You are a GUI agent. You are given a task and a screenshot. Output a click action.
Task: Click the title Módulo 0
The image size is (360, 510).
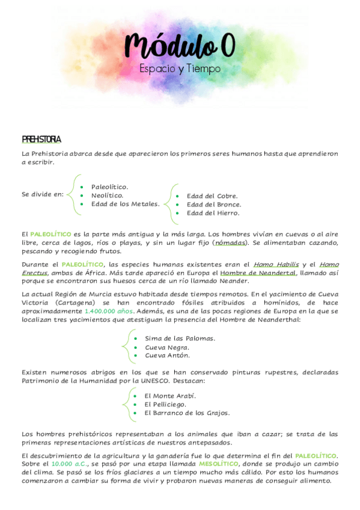180,46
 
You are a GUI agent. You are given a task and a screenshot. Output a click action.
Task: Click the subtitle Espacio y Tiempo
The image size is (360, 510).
180,69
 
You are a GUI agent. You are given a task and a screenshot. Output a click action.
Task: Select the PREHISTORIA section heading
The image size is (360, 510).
41,140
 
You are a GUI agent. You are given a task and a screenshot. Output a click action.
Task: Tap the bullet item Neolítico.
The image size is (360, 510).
107,195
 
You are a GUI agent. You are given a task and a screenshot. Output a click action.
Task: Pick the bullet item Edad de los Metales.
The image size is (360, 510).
125,203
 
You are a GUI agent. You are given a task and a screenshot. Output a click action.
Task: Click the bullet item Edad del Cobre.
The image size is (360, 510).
212,195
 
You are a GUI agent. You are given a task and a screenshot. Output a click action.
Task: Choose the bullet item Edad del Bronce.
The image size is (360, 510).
214,204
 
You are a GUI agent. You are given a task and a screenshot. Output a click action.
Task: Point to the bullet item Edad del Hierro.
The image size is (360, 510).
213,212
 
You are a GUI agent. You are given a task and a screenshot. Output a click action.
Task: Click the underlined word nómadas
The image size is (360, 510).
230,242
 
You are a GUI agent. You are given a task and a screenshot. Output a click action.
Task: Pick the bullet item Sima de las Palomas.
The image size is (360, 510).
180,338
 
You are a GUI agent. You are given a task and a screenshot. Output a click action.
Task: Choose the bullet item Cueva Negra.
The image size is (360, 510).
167,347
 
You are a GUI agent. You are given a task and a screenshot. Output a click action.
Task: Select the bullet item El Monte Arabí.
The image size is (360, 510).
170,396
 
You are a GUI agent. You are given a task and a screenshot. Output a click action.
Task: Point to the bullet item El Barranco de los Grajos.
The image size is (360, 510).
187,413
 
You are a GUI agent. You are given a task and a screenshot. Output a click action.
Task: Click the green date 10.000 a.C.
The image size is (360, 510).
69,464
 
